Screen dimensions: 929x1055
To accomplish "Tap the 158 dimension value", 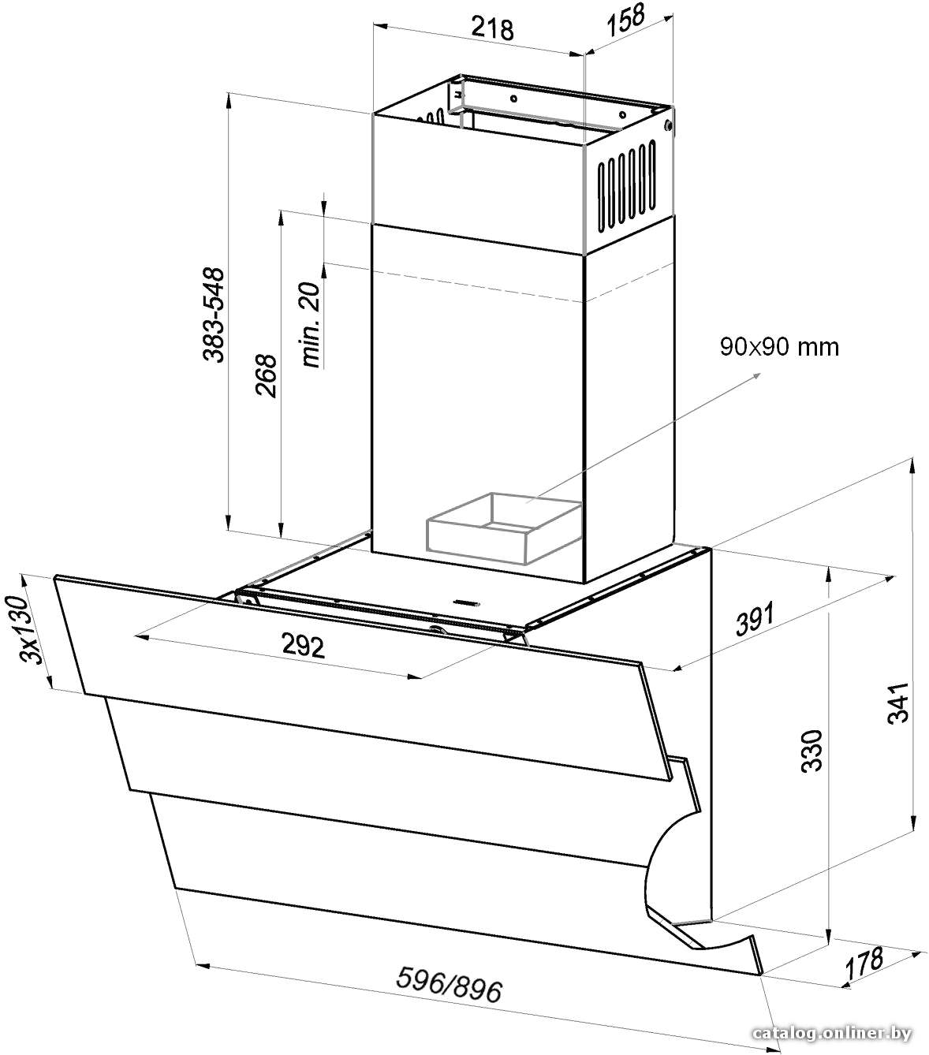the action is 625,21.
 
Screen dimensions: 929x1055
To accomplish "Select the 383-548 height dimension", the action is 214,315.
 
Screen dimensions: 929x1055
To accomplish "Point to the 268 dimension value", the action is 265,375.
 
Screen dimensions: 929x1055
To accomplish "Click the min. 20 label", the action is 311,324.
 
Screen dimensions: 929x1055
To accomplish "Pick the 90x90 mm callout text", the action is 779,346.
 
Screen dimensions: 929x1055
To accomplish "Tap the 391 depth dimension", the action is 756,618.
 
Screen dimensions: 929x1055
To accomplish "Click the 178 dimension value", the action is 864,963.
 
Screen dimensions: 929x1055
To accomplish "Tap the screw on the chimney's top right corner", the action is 668,125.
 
